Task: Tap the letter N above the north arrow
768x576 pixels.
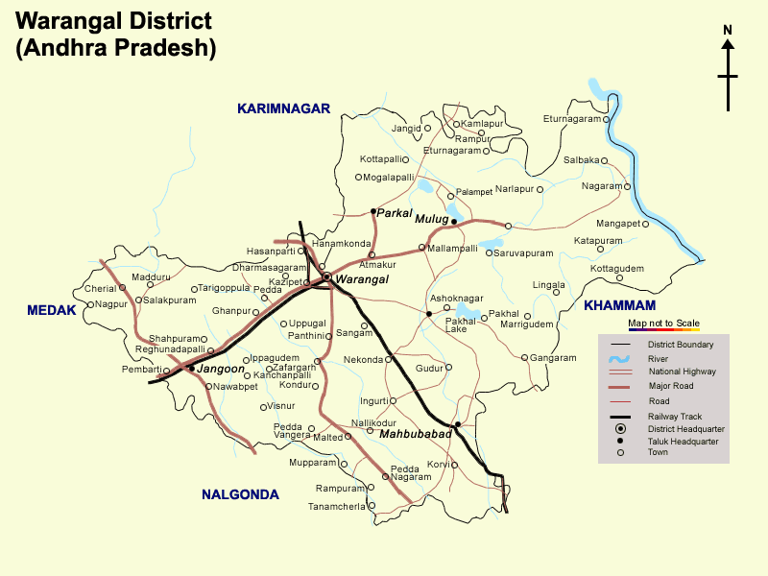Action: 728,30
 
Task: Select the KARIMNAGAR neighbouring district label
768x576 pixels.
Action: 283,109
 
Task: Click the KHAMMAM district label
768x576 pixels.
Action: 619,305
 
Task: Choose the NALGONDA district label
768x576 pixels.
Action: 240,495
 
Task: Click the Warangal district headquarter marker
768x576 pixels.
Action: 326,276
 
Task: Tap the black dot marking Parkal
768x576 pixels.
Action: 373,211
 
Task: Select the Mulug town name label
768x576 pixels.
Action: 431,220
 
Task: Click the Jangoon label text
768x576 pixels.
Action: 221,369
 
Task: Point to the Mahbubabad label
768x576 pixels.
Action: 415,435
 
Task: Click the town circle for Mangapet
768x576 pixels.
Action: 646,224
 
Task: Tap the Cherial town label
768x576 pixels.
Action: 100,288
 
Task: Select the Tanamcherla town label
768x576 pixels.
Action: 336,506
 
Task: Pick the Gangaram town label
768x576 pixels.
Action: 553,358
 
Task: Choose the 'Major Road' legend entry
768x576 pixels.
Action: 670,386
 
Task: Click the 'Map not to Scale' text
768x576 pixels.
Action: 663,324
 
